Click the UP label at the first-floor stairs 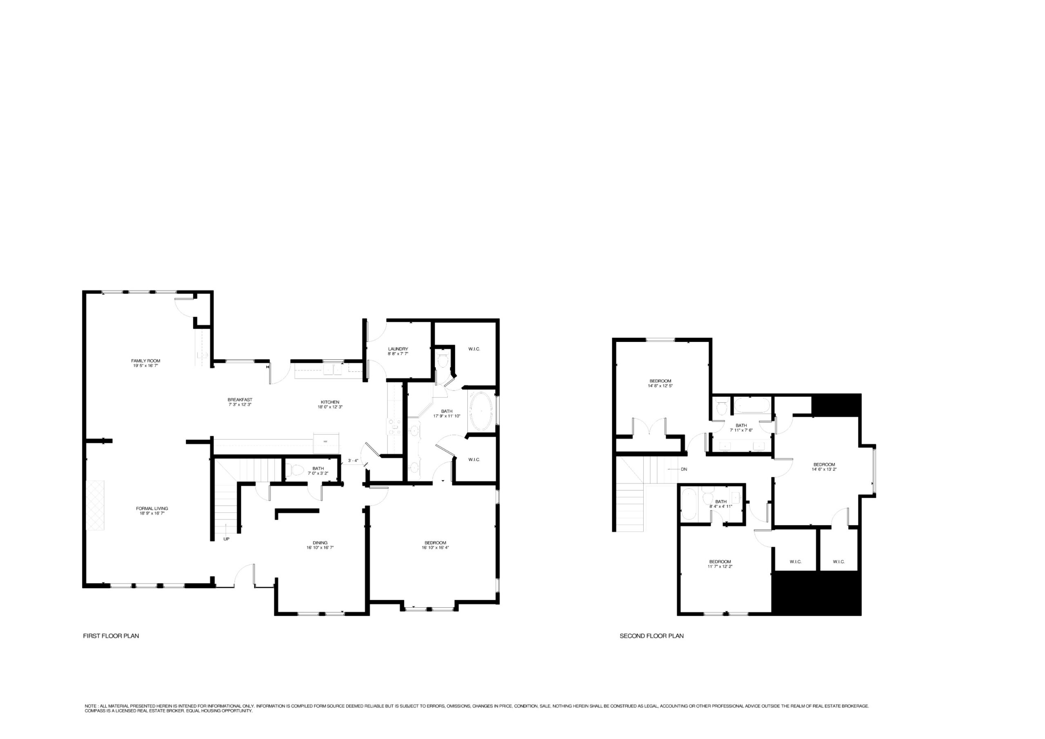pos(226,539)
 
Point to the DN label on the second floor pos(684,469)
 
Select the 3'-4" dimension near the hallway pos(353,461)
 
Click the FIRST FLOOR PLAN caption pos(111,636)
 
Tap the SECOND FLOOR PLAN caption pos(651,636)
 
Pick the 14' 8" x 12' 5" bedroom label pos(660,383)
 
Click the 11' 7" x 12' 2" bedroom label pos(720,564)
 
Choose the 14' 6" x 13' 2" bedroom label pos(824,467)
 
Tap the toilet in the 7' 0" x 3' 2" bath pos(296,470)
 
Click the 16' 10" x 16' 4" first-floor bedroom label pos(435,545)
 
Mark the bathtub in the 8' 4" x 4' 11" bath pos(689,504)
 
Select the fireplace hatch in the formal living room pos(95,505)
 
